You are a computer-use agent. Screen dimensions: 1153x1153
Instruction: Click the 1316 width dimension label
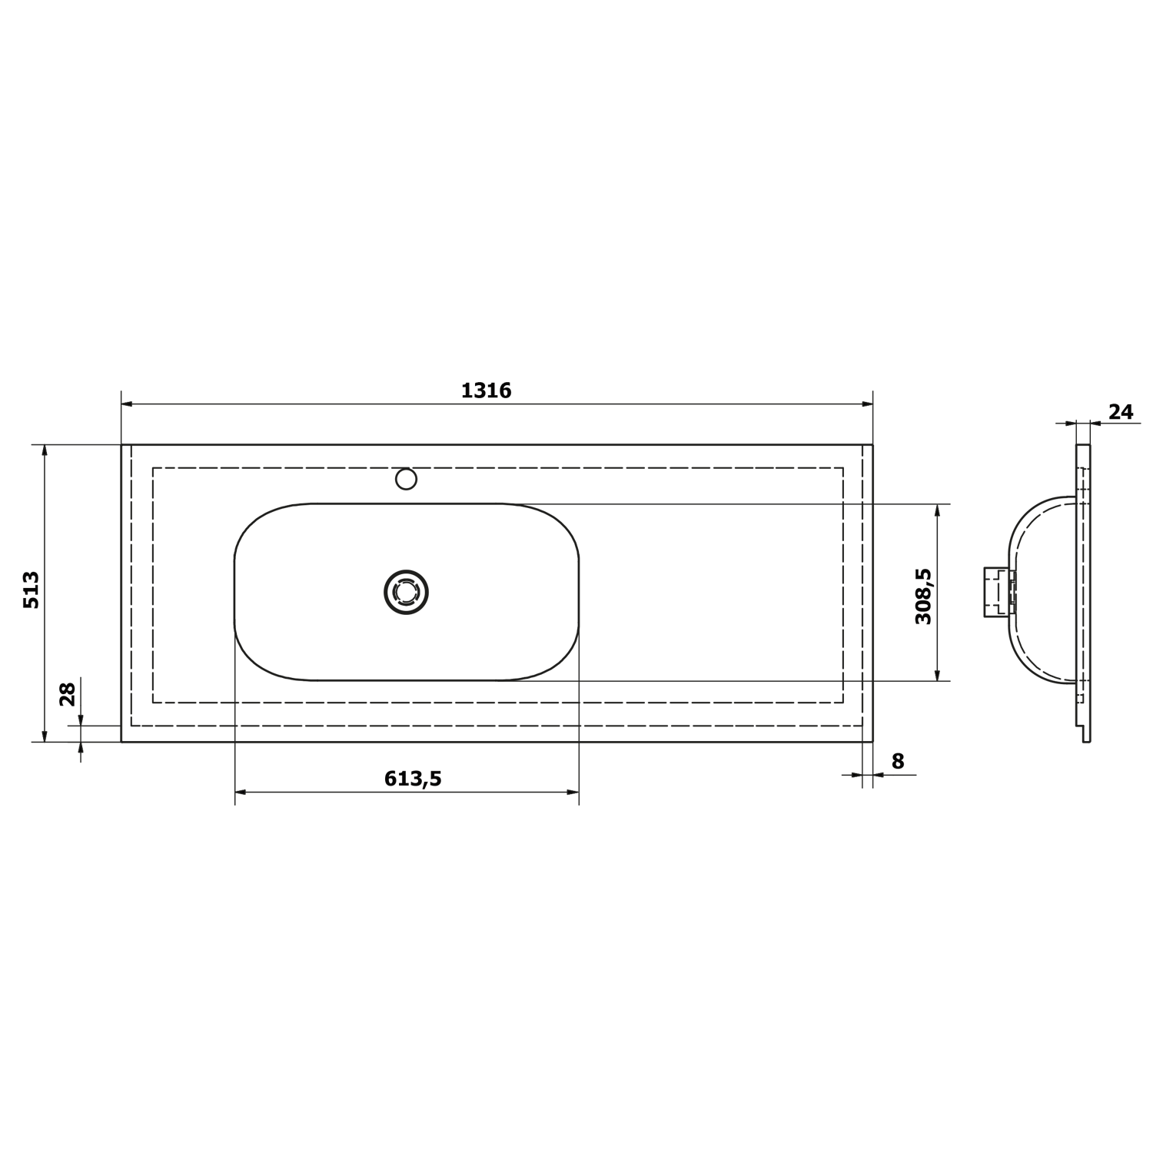tap(486, 390)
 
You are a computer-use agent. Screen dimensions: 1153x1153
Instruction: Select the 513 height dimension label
tap(32, 590)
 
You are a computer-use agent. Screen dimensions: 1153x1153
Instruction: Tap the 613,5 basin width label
tap(413, 779)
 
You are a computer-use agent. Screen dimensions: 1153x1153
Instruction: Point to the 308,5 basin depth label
tap(923, 596)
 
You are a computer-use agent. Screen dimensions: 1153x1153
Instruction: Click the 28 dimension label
tap(68, 694)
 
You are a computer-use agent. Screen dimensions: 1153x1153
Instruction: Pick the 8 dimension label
tap(898, 761)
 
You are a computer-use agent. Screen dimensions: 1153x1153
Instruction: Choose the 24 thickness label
tap(1121, 412)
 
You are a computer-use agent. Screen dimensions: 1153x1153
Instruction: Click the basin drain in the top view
tap(406, 592)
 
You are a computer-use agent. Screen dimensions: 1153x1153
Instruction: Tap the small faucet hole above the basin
tap(406, 480)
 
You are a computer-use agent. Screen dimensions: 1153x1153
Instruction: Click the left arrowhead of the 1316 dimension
tap(128, 404)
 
